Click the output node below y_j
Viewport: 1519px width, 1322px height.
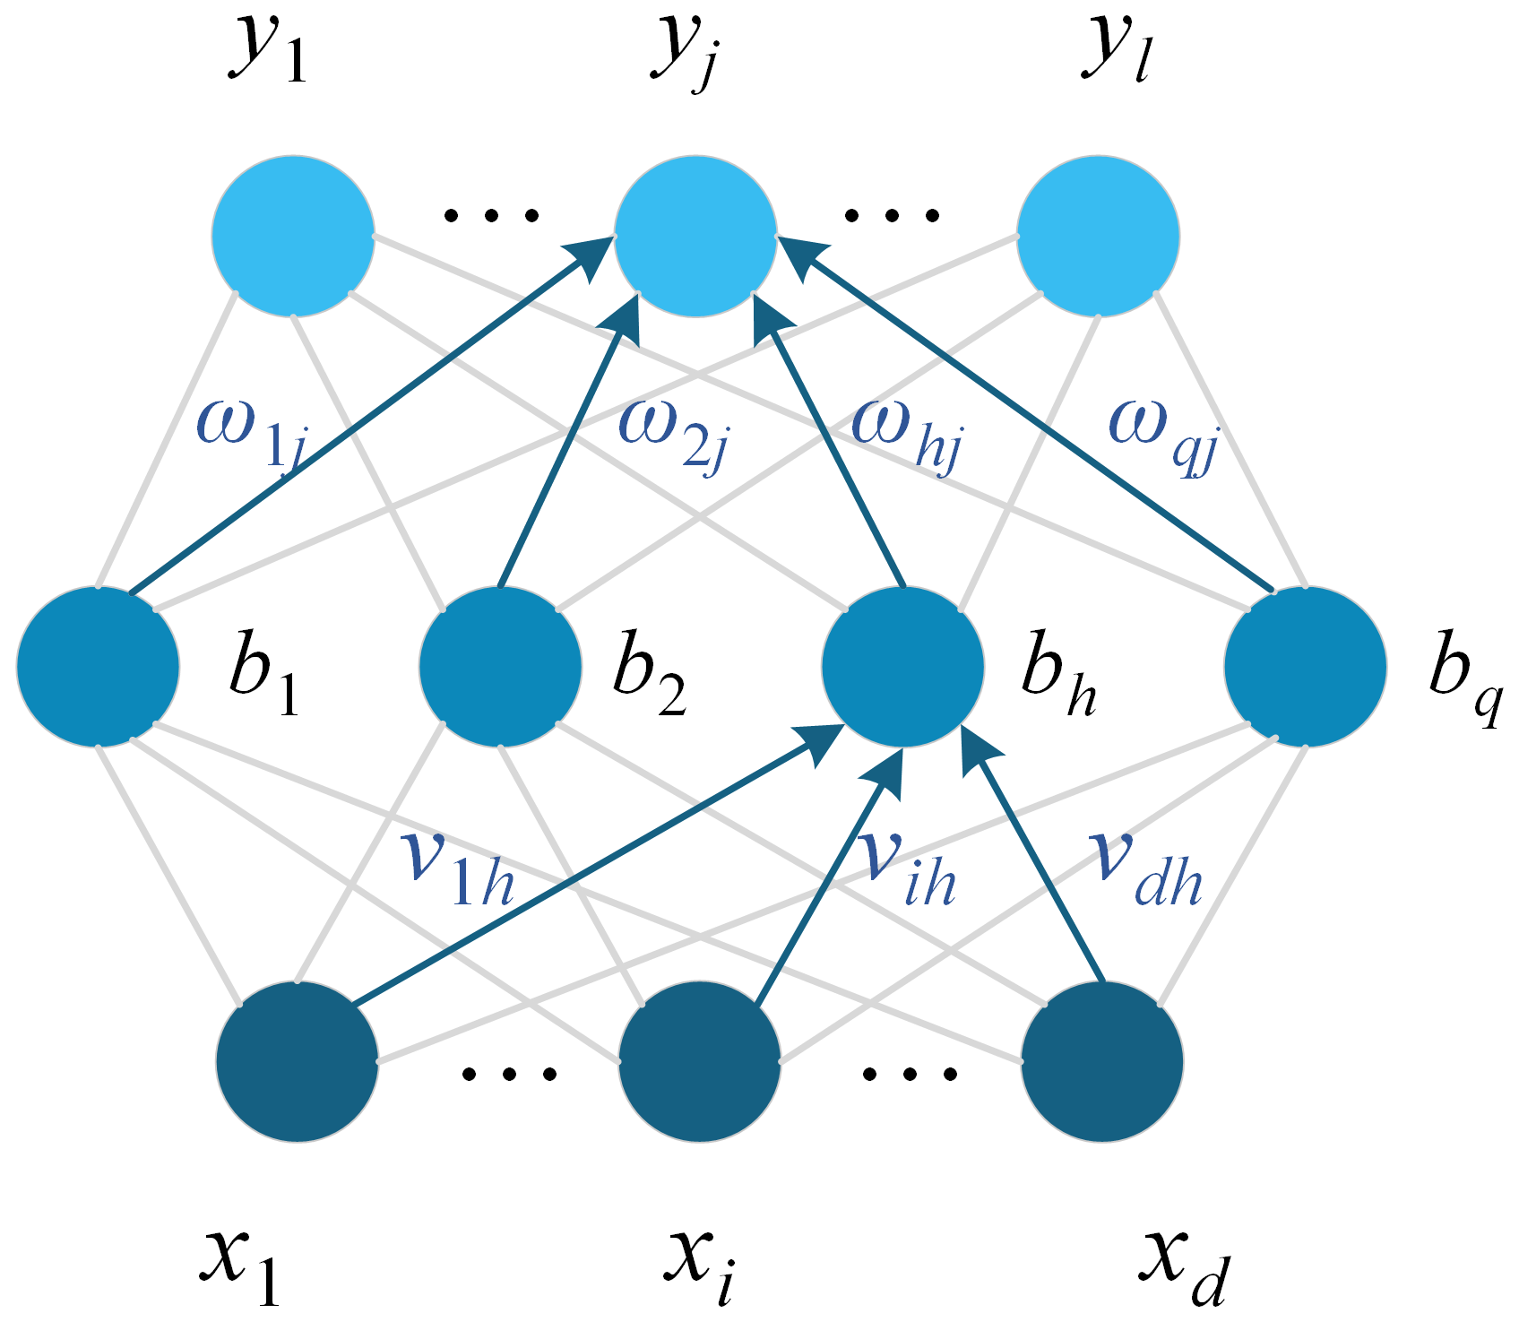tap(695, 237)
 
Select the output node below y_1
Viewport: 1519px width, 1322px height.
tap(293, 237)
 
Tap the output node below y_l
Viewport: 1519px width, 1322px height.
tap(1099, 237)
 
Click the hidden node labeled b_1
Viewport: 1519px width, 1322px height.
tap(98, 667)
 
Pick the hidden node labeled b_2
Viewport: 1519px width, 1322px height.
tap(500, 667)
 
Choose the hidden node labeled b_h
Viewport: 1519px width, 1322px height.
tap(903, 667)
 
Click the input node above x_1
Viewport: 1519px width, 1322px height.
tap(298, 1061)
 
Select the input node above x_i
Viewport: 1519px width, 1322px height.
tap(700, 1061)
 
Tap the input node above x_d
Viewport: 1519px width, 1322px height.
tap(1102, 1061)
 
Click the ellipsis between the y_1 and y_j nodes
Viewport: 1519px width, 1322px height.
tap(492, 215)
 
